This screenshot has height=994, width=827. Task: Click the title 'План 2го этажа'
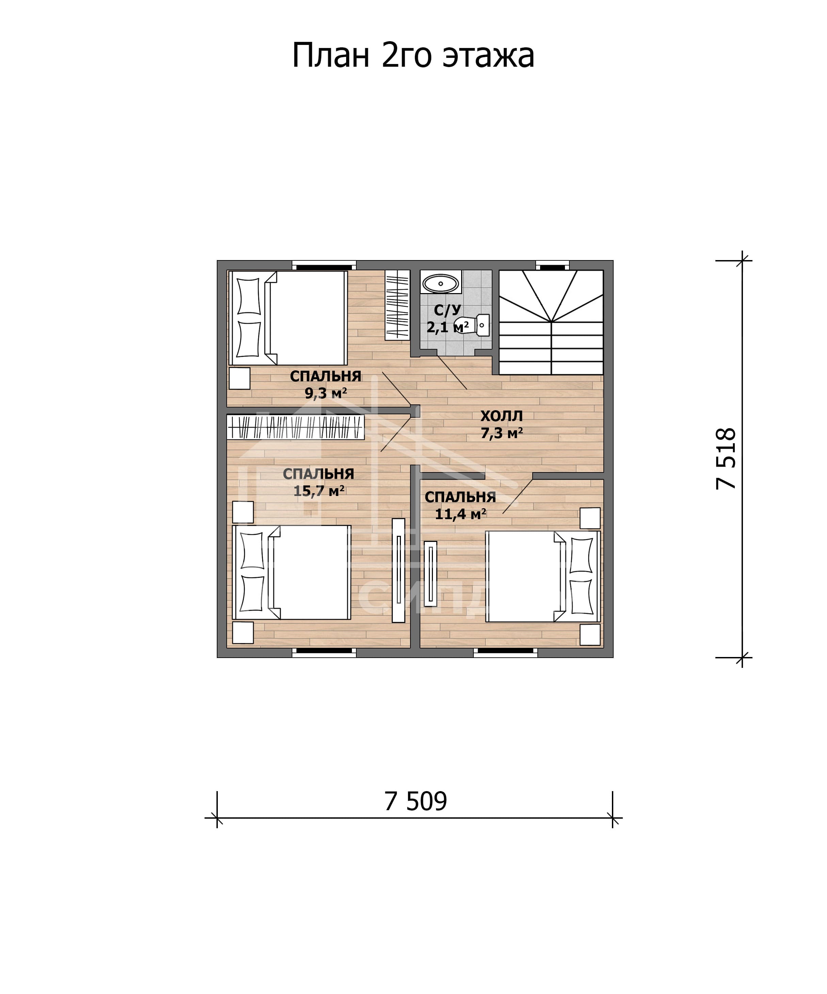point(413,56)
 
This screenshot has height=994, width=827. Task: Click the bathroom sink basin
point(440,284)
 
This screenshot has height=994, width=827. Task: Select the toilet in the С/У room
point(472,325)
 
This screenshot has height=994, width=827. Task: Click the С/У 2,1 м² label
point(448,319)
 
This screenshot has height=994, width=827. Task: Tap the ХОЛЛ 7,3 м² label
point(502,424)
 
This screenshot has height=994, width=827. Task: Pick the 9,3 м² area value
point(325,393)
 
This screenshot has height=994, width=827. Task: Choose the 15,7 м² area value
point(319,491)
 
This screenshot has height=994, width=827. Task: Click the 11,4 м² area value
point(460,514)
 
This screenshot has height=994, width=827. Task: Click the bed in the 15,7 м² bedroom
point(291,572)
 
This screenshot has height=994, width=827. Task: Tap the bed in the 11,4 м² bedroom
point(543,576)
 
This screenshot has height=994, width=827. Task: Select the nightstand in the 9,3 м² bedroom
point(239,379)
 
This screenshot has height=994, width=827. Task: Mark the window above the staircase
point(552,266)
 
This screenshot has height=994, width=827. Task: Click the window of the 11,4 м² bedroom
point(505,653)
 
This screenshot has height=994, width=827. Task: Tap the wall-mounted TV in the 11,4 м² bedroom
point(431,574)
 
